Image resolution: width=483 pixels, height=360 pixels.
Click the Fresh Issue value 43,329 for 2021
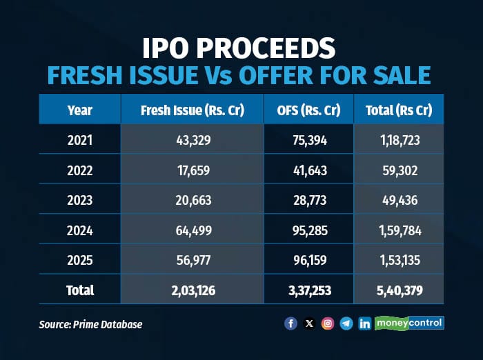tap(192, 141)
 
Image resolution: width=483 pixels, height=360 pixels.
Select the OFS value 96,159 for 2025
tap(308, 261)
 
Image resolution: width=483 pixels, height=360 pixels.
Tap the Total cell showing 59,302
tap(398, 171)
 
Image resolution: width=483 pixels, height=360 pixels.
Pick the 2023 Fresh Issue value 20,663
tap(192, 201)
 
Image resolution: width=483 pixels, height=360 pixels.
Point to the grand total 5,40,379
tap(398, 290)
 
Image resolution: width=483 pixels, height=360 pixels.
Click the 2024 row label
tap(80, 231)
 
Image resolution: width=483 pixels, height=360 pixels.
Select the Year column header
tap(80, 110)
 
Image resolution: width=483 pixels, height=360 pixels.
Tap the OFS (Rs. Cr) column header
tap(308, 110)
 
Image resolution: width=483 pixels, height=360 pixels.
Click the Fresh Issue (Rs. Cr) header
tap(192, 110)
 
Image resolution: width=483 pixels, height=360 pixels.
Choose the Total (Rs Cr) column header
tap(398, 110)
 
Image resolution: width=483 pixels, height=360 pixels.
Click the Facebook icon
tap(290, 323)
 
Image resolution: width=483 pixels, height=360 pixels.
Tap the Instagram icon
tap(328, 323)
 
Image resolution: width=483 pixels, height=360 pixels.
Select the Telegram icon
tap(346, 323)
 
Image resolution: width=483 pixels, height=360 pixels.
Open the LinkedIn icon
tap(364, 323)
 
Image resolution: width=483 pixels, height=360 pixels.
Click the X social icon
tap(309, 323)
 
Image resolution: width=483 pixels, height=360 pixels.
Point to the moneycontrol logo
tap(409, 323)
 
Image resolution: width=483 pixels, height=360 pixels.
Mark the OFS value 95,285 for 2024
tap(308, 231)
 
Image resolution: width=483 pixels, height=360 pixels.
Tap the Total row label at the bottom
tap(80, 290)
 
